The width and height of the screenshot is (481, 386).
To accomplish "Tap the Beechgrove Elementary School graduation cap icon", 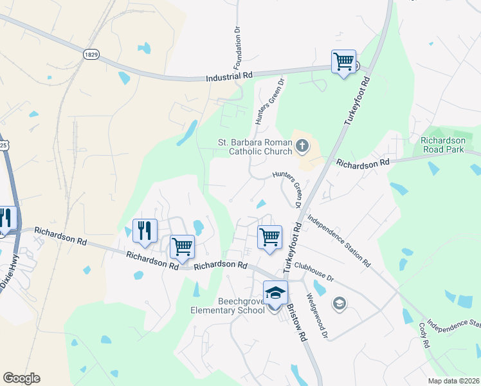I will pos(275,293).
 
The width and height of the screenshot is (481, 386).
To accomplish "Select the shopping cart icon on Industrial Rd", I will pos(343,62).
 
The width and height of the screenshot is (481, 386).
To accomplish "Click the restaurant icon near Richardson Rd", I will pos(145,230).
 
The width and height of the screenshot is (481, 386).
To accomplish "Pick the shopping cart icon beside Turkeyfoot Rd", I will pos(269,236).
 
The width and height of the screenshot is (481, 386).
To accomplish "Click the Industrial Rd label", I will pos(229,76).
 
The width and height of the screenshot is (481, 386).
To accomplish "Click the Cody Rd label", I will pos(424,335).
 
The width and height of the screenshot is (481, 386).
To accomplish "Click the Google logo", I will pos(21,378).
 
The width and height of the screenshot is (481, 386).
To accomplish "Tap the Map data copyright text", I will pos(453,381).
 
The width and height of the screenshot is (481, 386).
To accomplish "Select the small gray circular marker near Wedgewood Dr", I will pos(339,303).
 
